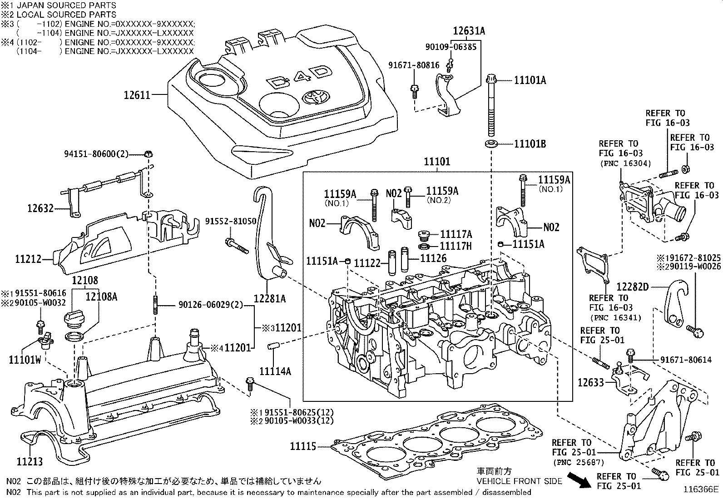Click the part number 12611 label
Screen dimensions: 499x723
[137, 95]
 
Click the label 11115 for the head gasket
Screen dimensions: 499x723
[303, 447]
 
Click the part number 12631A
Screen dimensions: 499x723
[469, 31]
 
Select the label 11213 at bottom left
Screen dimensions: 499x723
[30, 462]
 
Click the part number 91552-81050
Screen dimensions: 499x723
[231, 221]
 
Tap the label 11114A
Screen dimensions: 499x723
[275, 371]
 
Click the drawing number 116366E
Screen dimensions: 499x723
[702, 490]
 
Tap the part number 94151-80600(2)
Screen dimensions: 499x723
[96, 154]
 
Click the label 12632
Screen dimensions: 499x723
[40, 208]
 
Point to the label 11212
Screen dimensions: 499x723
[28, 259]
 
